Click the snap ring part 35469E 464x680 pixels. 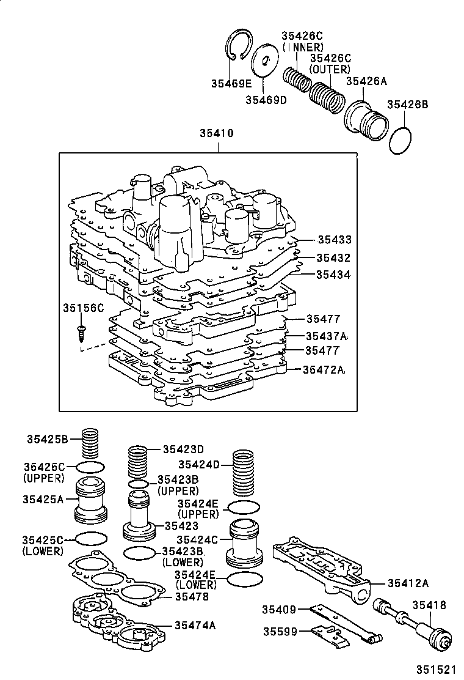pyautogui.click(x=236, y=46)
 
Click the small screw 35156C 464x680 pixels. pyautogui.click(x=80, y=332)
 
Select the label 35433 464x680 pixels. pyautogui.click(x=333, y=240)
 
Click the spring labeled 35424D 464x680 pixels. pyautogui.click(x=244, y=474)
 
